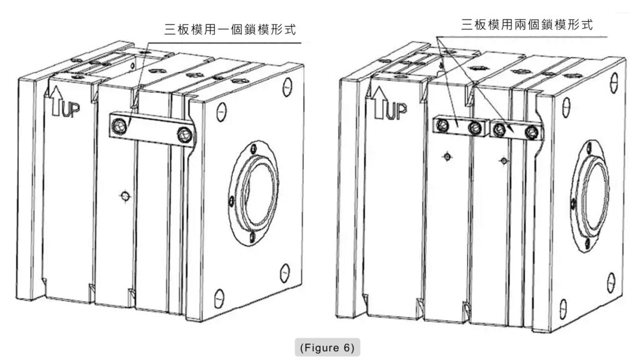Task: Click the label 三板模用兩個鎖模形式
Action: point(526,25)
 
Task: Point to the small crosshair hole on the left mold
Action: point(125,196)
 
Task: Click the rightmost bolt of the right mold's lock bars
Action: point(532,132)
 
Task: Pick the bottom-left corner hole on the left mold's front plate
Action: point(220,296)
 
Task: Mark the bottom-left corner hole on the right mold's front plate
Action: point(562,307)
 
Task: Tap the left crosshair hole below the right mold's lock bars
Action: point(446,156)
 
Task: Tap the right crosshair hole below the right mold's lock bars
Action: point(503,161)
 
